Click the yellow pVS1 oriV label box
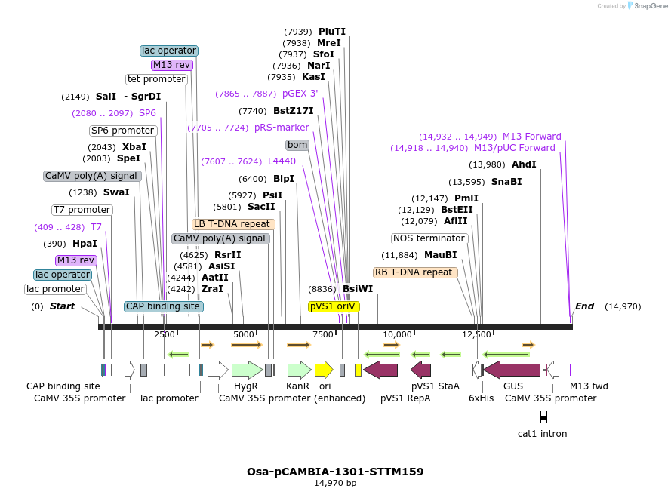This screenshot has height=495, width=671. (x=334, y=306)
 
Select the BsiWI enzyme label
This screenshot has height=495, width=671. (x=358, y=288)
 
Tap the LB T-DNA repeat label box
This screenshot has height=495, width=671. (x=233, y=224)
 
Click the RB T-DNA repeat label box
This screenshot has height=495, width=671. (x=415, y=272)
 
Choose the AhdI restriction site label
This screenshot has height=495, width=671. (x=524, y=164)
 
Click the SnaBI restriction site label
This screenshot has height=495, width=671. (x=506, y=182)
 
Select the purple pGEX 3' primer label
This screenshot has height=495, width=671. (x=300, y=94)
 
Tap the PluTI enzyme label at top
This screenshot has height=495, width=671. (x=331, y=32)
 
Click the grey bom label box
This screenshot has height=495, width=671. (x=297, y=145)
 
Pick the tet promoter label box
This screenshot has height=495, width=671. (x=156, y=79)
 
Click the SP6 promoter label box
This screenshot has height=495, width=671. (x=122, y=131)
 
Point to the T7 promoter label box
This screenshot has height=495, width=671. (x=82, y=210)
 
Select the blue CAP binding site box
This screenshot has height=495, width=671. (x=163, y=306)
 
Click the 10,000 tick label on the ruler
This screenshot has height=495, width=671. (x=397, y=334)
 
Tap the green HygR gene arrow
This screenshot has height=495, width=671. (x=247, y=370)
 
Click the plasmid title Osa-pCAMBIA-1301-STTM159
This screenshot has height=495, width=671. (x=335, y=472)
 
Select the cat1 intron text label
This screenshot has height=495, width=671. (x=542, y=434)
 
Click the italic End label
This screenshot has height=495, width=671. (x=584, y=306)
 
